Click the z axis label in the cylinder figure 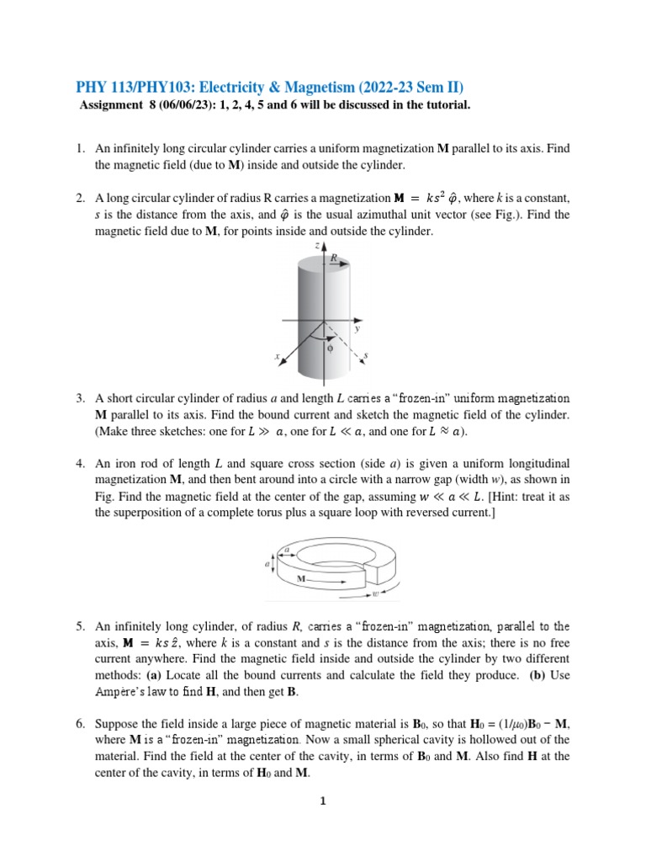[315, 245]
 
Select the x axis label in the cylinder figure [277, 357]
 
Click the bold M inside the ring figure [300, 580]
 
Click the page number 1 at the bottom [322, 801]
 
